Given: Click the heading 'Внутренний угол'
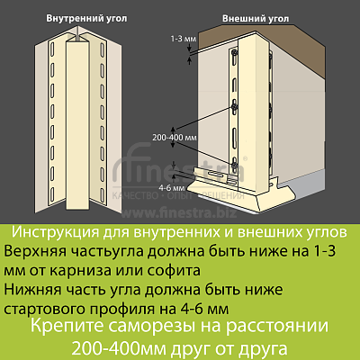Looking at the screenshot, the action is point(86,18).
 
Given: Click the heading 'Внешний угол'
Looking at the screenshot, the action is point(256,19).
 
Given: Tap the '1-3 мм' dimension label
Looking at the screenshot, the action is point(184,39).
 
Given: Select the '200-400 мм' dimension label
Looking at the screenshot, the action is point(175,138).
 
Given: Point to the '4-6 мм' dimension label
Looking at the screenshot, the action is point(172,188).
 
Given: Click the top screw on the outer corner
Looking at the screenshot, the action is point(234,53).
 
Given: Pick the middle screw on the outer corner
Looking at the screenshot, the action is point(234,107).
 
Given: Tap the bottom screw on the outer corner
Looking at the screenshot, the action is point(234,165).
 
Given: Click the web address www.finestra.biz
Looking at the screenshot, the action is point(179,212).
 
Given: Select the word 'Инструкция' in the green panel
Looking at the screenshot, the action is point(55,232).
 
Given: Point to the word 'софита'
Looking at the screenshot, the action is point(174,270).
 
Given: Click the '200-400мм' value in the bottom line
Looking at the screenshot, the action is point(119,349).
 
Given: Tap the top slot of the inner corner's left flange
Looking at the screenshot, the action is point(52,49).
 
